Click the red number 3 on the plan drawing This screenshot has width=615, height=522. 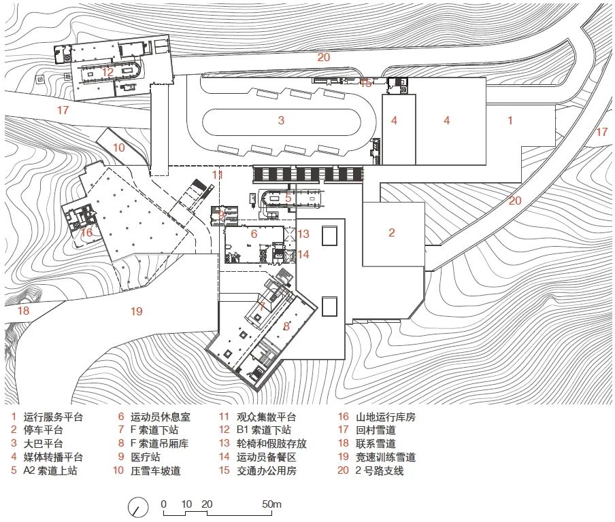click(280, 121)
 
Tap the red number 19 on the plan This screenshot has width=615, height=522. click(137, 311)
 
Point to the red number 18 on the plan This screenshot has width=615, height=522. click(23, 311)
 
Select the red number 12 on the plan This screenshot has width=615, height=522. click(107, 71)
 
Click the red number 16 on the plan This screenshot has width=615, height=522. click(86, 232)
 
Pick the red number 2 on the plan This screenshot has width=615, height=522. click(391, 232)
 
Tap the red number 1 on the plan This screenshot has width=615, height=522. click(510, 120)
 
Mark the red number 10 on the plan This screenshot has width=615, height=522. click(118, 147)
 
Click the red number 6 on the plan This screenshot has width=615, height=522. click(254, 234)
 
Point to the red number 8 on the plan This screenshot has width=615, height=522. click(286, 326)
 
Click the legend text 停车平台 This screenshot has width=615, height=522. click(44, 430)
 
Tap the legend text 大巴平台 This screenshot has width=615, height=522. click(44, 443)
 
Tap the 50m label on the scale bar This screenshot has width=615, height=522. click(272, 504)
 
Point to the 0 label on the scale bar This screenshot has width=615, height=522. click(164, 504)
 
